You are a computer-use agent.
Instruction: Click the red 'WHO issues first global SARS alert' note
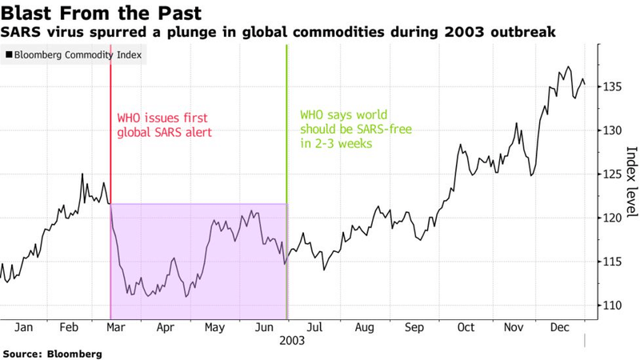164,125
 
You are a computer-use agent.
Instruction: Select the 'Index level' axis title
632,182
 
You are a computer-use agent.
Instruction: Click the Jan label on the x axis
24,327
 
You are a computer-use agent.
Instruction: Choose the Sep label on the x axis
415,327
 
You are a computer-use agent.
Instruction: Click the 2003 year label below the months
291,340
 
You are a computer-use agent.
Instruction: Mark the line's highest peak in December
568,67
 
